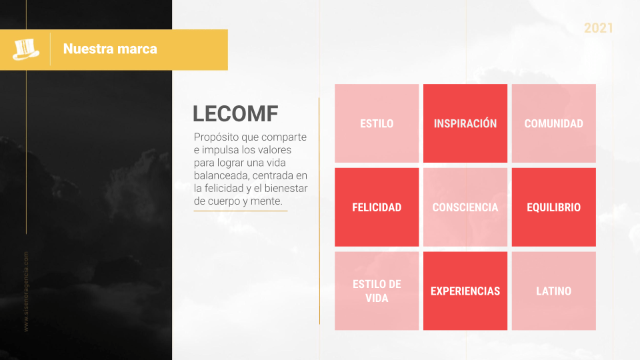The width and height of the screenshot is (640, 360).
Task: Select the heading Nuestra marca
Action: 110,49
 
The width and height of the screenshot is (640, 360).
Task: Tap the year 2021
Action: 598,28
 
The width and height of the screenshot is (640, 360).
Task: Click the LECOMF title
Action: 235,114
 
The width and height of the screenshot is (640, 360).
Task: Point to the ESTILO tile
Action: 377,123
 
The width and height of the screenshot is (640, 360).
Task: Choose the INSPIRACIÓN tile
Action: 465,123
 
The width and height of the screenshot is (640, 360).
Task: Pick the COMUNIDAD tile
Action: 553,123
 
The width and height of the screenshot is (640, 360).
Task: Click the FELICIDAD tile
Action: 377,207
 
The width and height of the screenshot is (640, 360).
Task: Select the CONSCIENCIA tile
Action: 465,207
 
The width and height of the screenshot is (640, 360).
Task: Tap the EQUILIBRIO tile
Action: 553,207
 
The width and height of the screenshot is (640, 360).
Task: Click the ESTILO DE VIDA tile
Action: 377,291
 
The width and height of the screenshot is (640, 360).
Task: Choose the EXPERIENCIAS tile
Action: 465,291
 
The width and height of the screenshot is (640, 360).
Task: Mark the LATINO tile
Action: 553,291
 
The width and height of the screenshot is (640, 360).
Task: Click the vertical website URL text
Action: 26,291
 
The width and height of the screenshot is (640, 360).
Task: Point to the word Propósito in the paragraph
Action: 215,137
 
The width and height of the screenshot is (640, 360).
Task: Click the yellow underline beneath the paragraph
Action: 240,211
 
